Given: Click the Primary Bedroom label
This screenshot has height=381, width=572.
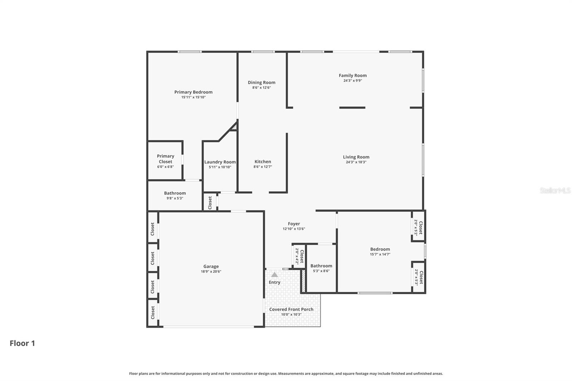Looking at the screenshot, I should click(x=193, y=92).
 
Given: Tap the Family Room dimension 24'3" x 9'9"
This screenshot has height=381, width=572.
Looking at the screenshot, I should click(x=352, y=81).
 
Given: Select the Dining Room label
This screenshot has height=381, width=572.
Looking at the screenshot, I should click(x=262, y=83).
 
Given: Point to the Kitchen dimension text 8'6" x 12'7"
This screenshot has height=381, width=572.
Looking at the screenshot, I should click(x=263, y=167).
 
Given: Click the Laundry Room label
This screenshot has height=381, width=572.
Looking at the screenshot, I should click(x=220, y=162).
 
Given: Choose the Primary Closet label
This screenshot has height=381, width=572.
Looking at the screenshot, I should click(x=166, y=159).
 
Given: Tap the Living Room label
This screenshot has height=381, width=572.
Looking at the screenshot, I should click(x=356, y=157).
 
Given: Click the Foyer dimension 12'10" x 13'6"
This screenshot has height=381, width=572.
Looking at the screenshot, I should click(x=294, y=229).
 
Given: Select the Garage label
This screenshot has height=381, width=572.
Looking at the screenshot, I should click(x=211, y=266).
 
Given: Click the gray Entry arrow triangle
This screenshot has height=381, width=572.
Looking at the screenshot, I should click(x=274, y=275).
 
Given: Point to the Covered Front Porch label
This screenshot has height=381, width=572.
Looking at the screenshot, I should click(x=291, y=310).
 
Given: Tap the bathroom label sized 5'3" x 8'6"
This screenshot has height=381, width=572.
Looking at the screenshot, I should click(x=321, y=266).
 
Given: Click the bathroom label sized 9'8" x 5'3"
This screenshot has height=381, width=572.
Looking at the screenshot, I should click(x=175, y=193).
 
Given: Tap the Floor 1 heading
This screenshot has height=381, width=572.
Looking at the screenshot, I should click(x=22, y=343).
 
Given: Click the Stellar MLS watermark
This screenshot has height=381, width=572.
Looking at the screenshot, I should click(x=555, y=190).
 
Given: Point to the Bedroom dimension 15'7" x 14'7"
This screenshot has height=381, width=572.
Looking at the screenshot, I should click(x=380, y=254).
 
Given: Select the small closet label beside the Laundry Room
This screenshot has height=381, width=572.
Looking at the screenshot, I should click(x=210, y=203).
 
